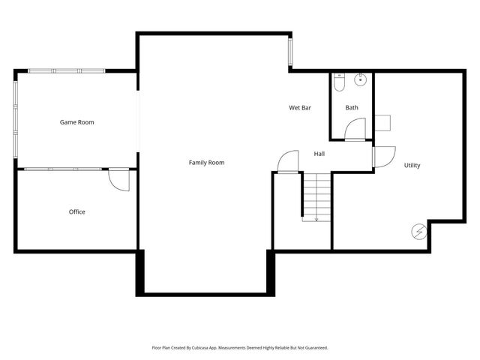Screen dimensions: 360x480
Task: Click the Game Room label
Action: coord(77,121)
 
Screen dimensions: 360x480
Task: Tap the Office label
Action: coord(77,211)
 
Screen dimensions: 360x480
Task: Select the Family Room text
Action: coord(206,162)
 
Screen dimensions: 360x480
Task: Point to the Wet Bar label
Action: coord(300,108)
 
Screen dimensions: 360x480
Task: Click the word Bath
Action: coord(352,108)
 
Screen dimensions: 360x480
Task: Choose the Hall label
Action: coord(319,154)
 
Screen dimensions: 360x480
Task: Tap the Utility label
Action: coord(412,165)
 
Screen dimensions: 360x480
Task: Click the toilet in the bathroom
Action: coord(339,82)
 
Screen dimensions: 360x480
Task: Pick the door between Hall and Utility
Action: coord(382,156)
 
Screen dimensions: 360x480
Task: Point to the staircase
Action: coord(316,196)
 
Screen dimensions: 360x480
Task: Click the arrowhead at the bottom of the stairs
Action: coord(316,220)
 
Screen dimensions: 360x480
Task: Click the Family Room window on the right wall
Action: coord(290,52)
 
